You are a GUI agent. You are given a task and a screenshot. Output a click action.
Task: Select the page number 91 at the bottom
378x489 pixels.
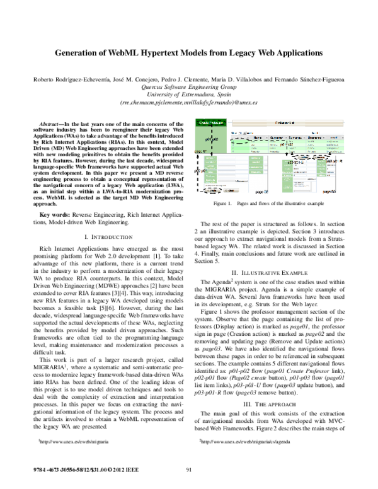pyautogui.click(x=188, y=469)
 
